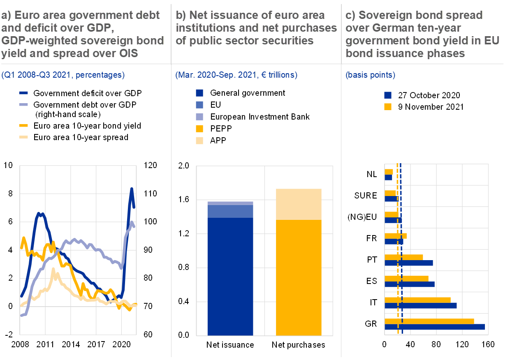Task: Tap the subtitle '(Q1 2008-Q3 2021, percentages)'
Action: pyautogui.click(x=63, y=75)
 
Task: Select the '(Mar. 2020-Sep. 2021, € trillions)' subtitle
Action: pyautogui.click(x=236, y=75)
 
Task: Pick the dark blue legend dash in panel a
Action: pyautogui.click(x=23, y=93)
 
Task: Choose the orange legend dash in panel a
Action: pyautogui.click(x=23, y=125)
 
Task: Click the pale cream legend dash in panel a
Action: pyautogui.click(x=23, y=137)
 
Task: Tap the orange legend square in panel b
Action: pyautogui.click(x=199, y=129)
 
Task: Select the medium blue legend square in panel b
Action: pyautogui.click(x=199, y=105)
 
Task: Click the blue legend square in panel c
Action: pyautogui.click(x=387, y=95)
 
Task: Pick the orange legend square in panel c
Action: pyautogui.click(x=387, y=107)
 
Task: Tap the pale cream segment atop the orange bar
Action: pyautogui.click(x=298, y=204)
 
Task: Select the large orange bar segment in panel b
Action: pyautogui.click(x=298, y=277)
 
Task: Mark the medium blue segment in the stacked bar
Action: pyautogui.click(x=230, y=211)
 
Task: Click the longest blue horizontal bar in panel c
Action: pyautogui.click(x=434, y=327)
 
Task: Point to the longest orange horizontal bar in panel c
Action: pyautogui.click(x=429, y=321)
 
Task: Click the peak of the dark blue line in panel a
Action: pyautogui.click(x=132, y=189)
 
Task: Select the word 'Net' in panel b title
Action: pyautogui.click(x=197, y=16)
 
